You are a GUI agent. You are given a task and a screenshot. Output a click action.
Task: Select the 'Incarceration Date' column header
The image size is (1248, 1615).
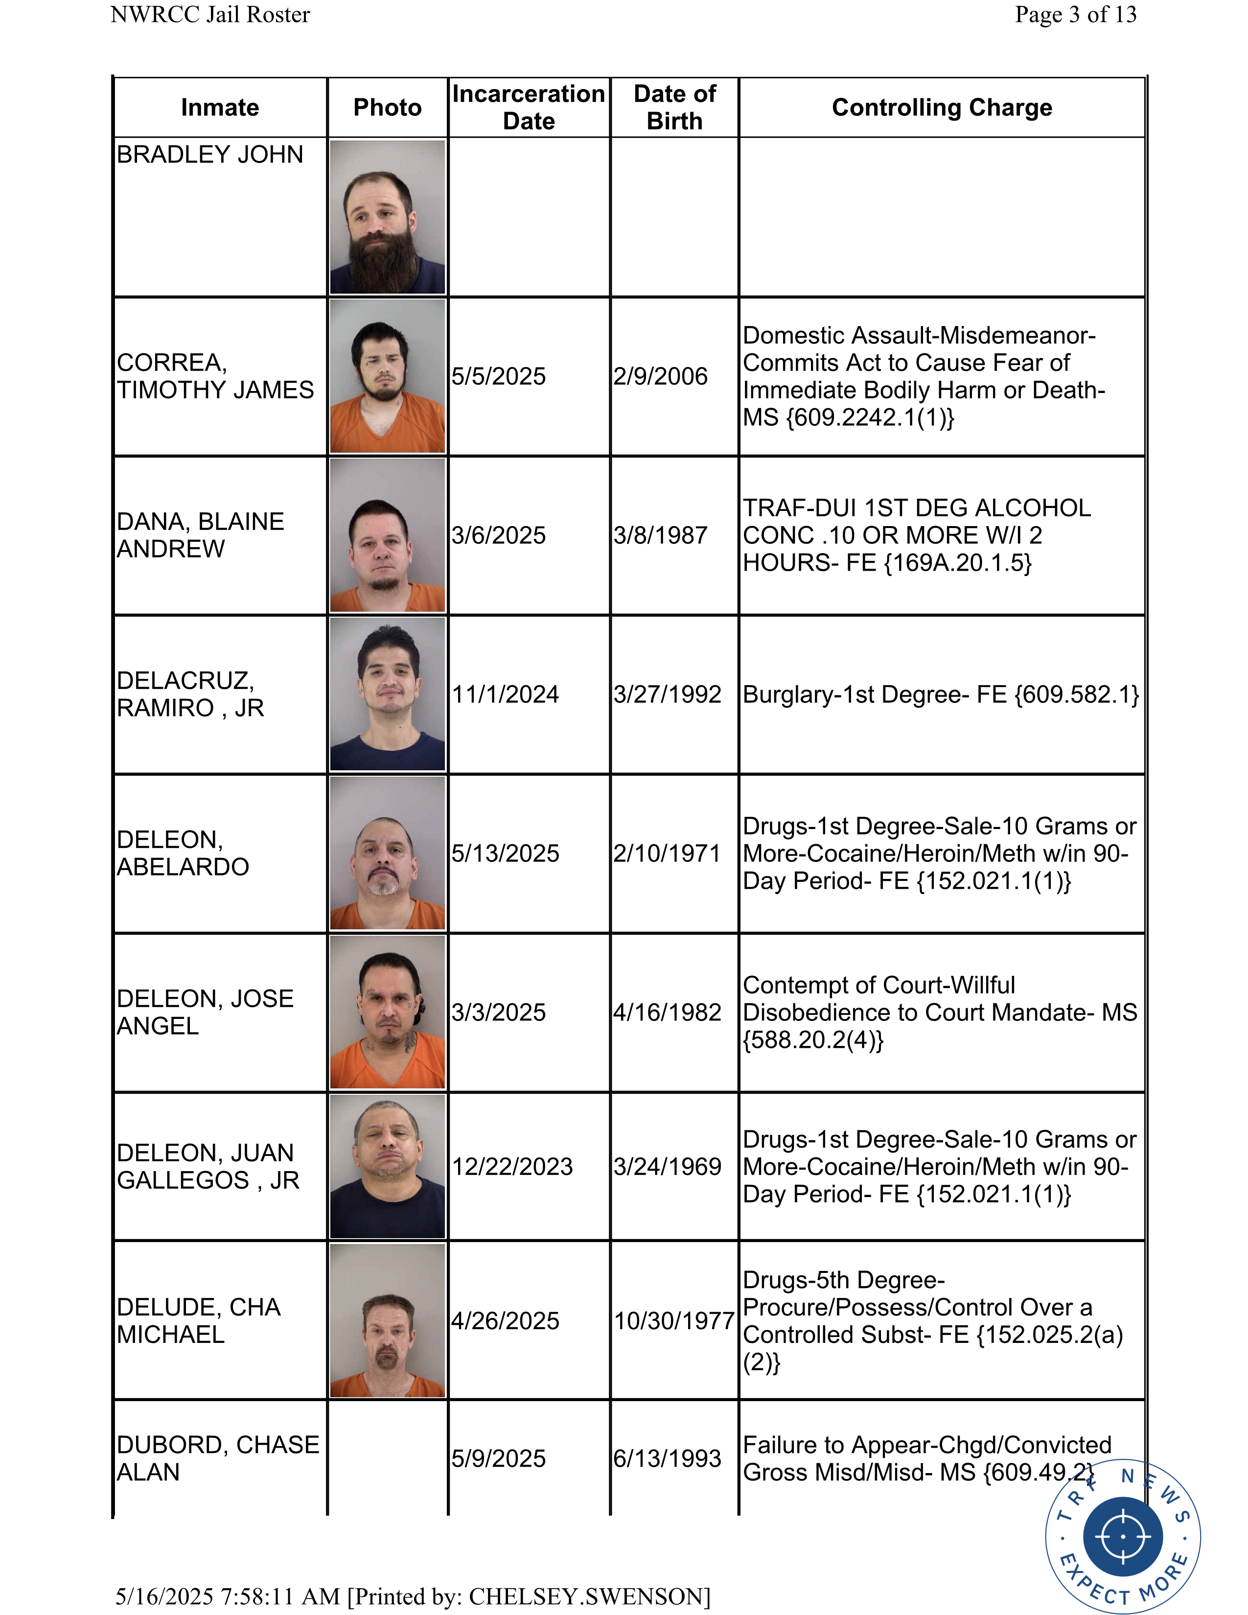click(529, 107)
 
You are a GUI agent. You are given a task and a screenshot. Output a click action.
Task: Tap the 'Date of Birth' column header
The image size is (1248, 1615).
click(674, 107)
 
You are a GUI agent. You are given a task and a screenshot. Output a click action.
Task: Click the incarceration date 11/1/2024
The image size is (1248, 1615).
click(505, 694)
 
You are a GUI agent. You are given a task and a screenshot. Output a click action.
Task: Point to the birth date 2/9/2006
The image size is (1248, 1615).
click(660, 376)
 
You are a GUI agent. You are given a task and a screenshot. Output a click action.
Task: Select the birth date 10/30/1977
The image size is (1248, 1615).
click(673, 1321)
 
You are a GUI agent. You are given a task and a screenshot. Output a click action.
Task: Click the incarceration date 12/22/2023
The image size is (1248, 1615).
click(512, 1166)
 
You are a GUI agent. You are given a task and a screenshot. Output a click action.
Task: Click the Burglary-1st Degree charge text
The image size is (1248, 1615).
click(941, 694)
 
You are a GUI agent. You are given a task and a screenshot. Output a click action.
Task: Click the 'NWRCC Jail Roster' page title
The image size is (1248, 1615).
click(210, 15)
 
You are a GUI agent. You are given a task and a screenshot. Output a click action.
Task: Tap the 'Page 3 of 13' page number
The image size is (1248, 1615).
click(1075, 15)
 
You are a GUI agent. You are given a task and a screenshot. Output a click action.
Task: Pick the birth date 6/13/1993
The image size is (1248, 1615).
click(667, 1458)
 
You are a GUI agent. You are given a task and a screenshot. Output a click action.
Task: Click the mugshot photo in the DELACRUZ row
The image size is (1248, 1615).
click(388, 693)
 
